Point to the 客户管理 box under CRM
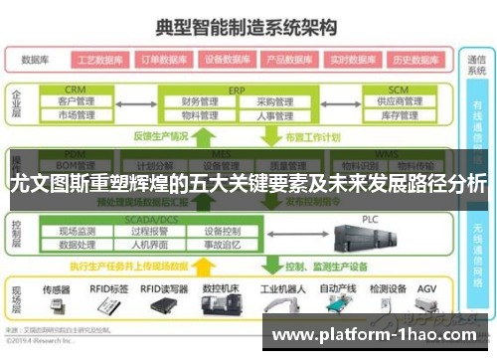(77, 101)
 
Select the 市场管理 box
(77, 115)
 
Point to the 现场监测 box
(77, 231)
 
